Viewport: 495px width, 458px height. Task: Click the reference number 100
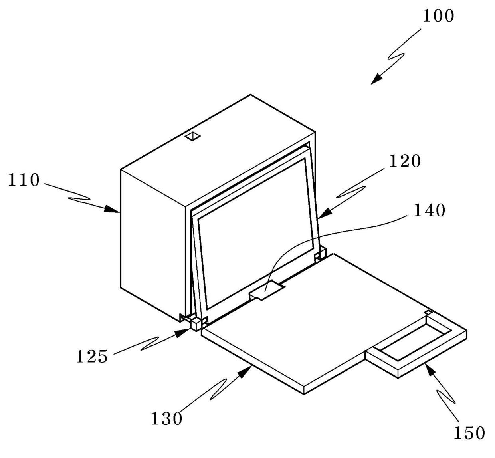click(x=438, y=16)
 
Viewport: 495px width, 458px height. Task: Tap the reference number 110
click(x=24, y=180)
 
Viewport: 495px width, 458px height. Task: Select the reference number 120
click(x=405, y=161)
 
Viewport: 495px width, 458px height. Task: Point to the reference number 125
click(x=92, y=356)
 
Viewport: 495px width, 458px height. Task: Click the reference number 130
click(x=166, y=419)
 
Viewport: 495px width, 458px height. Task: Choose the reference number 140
click(x=429, y=210)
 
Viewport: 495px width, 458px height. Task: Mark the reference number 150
click(x=469, y=433)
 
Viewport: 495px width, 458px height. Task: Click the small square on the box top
click(x=193, y=136)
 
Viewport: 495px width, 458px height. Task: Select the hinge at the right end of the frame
click(x=321, y=254)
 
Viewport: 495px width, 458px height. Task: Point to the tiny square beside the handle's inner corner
click(x=428, y=312)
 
